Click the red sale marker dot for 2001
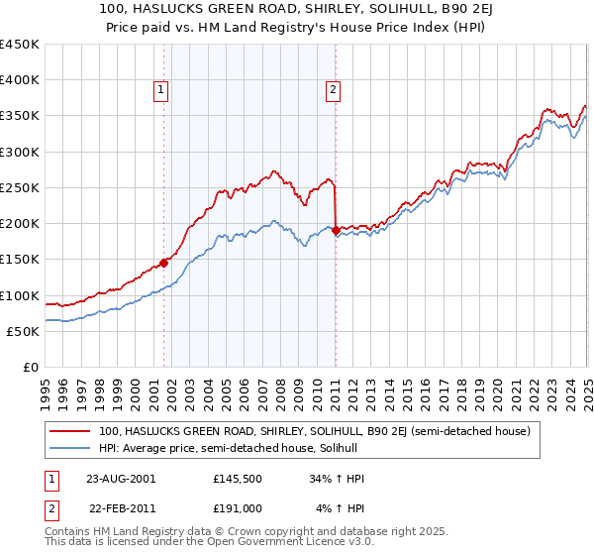(164, 263)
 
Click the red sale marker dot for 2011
(337, 230)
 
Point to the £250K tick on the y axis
(19, 187)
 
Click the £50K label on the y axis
(23, 331)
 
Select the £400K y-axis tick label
(19, 80)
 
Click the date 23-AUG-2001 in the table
(121, 479)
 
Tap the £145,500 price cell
(238, 479)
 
